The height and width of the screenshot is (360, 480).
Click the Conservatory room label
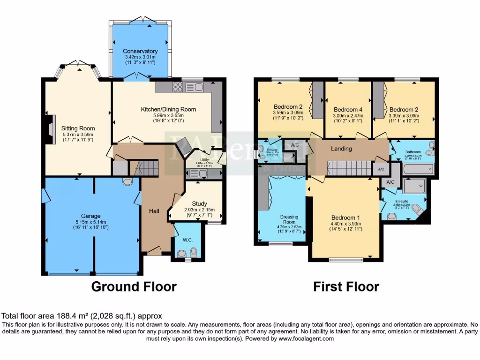[140, 51]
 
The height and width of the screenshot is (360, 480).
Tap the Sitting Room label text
[78, 128]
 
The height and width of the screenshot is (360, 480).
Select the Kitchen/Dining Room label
[168, 109]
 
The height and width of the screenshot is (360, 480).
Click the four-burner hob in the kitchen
[179, 87]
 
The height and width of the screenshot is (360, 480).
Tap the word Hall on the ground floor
[154, 211]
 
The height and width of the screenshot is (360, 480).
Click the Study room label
[200, 203]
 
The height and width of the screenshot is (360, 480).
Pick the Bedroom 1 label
[346, 217]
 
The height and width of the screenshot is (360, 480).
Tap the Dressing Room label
[289, 219]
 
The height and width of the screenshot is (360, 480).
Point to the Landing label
[341, 149]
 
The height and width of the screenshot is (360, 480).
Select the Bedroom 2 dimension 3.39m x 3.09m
[404, 116]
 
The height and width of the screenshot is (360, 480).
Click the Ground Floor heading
[134, 286]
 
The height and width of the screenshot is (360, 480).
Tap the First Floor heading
[346, 286]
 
